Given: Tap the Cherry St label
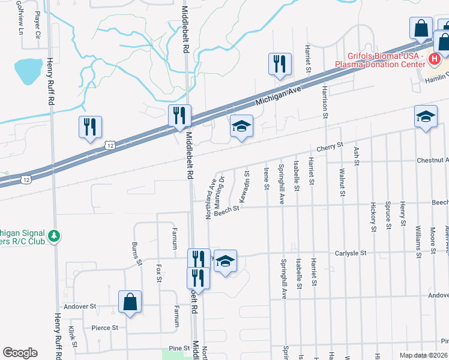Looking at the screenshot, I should pos(330,146).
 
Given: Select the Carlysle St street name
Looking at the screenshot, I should pos(351,254).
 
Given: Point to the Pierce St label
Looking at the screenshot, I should pos(104,328).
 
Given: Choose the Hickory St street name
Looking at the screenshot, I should pos(373,220).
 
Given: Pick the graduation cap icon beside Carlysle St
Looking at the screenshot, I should pos(225,261).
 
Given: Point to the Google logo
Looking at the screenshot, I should pos(20,353).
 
